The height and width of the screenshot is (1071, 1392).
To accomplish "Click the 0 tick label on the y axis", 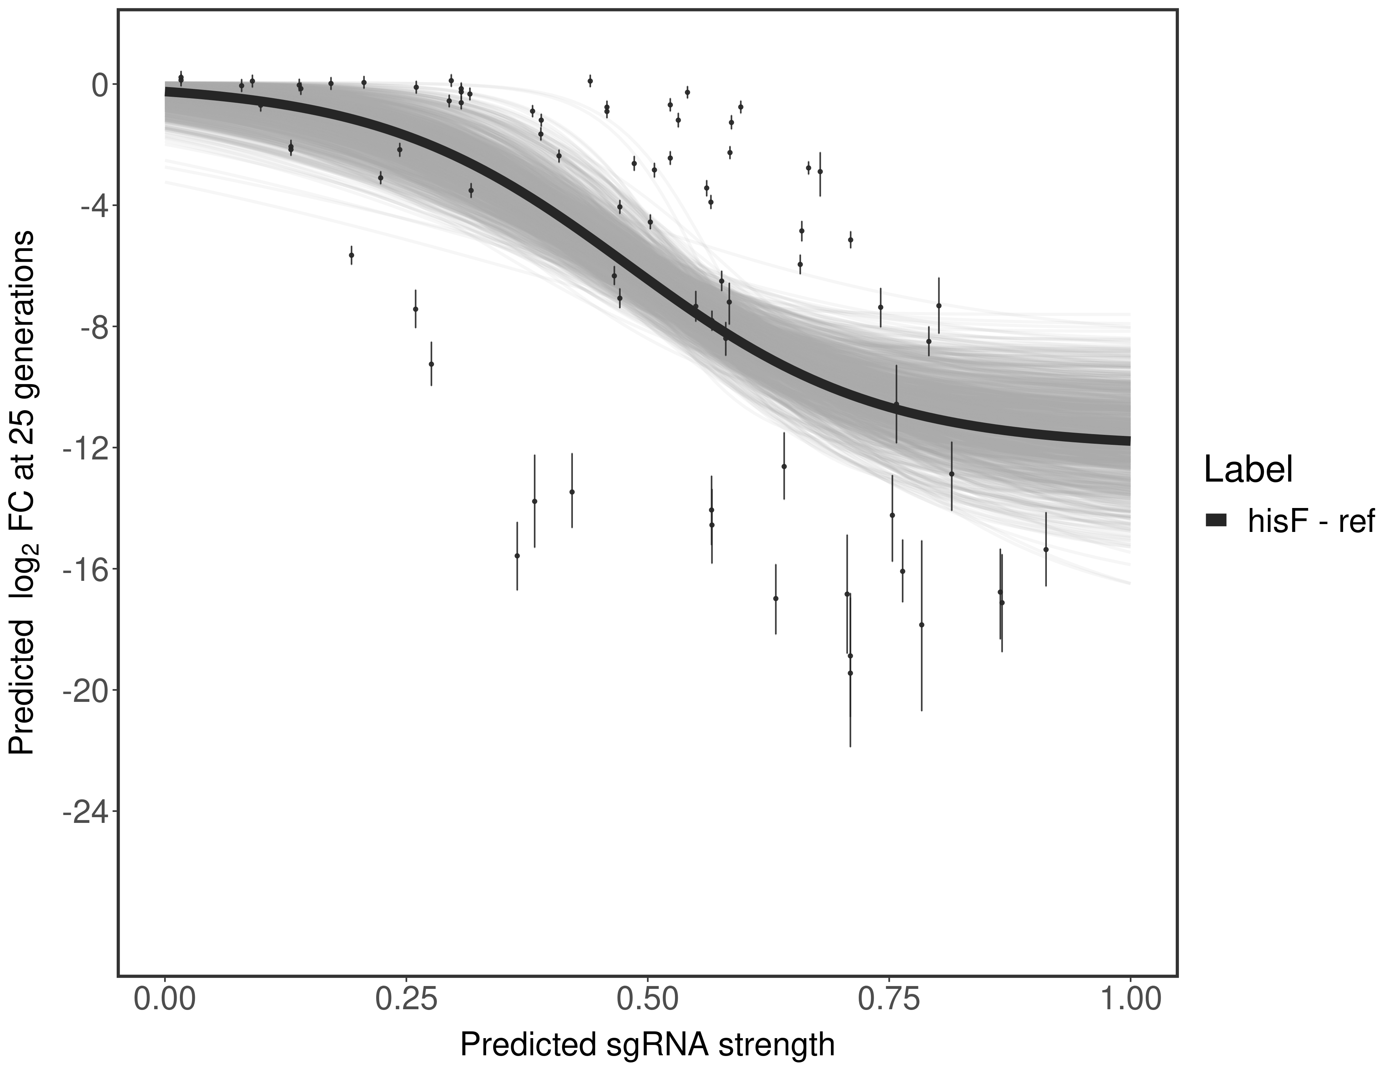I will pos(100,85).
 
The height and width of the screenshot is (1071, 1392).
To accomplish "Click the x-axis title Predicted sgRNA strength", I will pos(647,1046).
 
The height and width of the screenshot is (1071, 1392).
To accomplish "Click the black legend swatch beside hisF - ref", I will pos(1216,521).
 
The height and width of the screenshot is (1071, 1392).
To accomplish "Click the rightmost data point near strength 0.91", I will pos(1046,549).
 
